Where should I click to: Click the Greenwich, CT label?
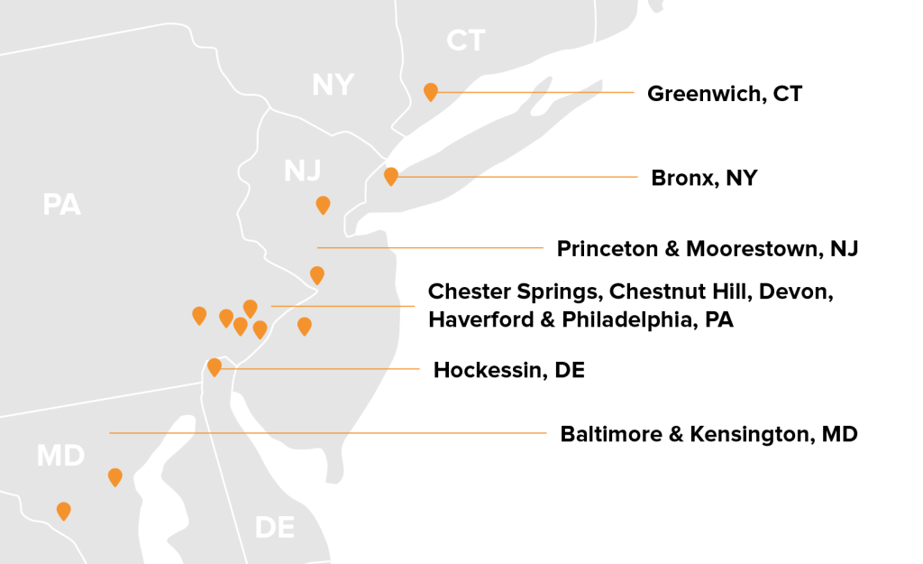click(724, 93)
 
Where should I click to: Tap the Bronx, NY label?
click(704, 178)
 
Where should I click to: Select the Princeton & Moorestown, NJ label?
click(707, 248)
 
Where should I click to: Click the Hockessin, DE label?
click(508, 370)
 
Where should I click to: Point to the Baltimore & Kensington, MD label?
click(708, 434)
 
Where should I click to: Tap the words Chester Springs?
click(513, 291)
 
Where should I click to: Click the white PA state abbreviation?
click(62, 206)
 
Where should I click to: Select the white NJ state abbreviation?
click(303, 171)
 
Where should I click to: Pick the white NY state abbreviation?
click(333, 85)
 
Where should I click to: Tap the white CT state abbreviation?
click(466, 41)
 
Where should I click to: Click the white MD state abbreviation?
click(60, 456)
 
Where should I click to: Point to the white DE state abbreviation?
click(274, 527)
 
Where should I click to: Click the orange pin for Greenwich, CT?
click(431, 91)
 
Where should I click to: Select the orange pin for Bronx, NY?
click(390, 176)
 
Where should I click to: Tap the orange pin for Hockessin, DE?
click(215, 366)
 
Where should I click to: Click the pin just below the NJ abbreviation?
click(323, 205)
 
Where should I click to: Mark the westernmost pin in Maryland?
click(63, 511)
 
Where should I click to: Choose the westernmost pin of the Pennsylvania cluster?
click(199, 315)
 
